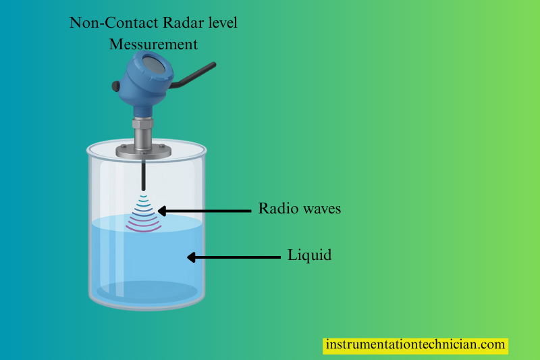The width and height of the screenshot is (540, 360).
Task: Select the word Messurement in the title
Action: pyautogui.click(x=154, y=45)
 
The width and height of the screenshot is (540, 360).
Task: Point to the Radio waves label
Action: pyautogui.click(x=300, y=209)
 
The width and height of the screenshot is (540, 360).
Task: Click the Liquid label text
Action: pyautogui.click(x=310, y=256)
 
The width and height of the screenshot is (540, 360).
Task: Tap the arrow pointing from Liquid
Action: pyautogui.click(x=233, y=257)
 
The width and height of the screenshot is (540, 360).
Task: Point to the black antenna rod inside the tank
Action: pyautogui.click(x=143, y=176)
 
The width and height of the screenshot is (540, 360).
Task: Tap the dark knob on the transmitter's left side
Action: pyautogui.click(x=116, y=86)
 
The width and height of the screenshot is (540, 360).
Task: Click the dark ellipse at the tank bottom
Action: pyautogui.click(x=147, y=291)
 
